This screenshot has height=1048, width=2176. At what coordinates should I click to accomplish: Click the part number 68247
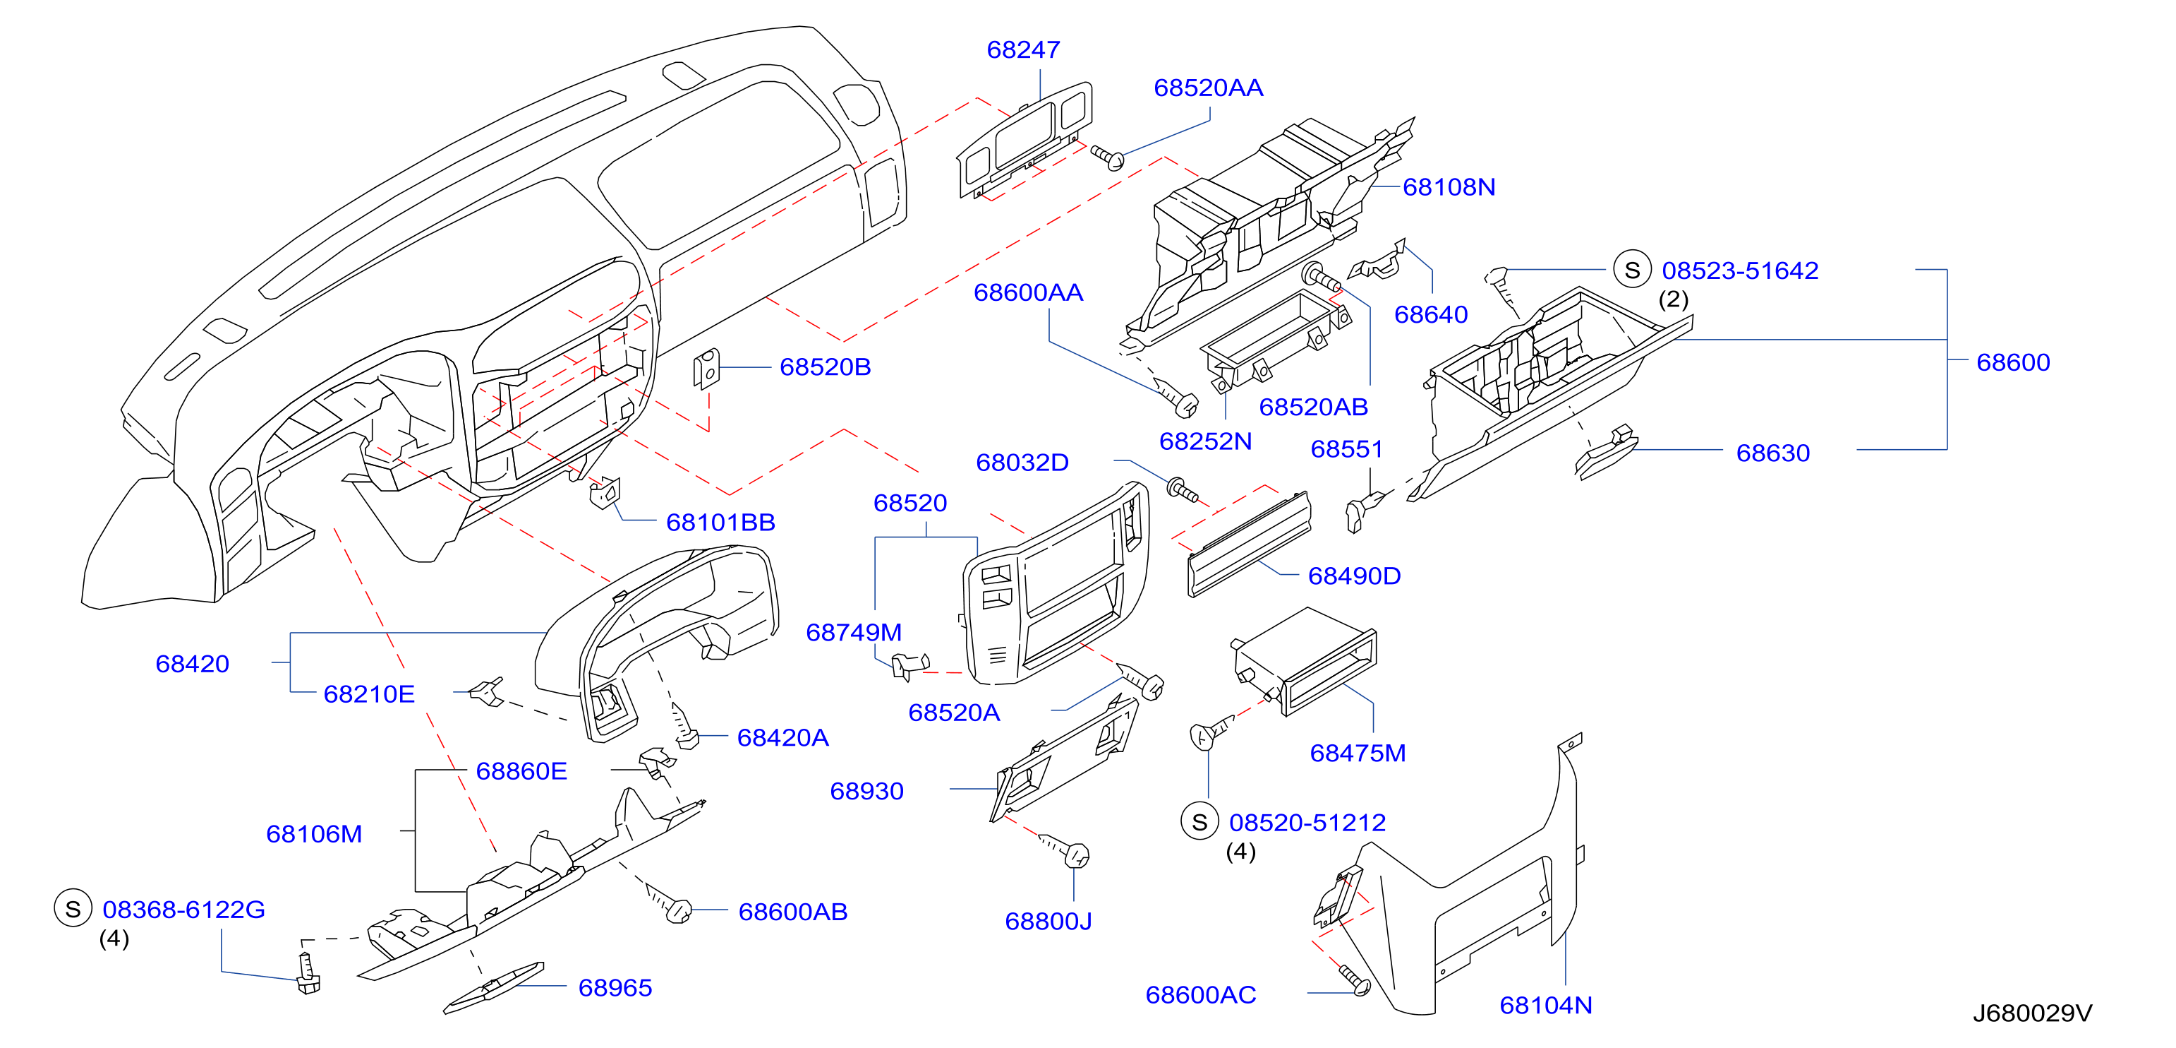click(x=1023, y=50)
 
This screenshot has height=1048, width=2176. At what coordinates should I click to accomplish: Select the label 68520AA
click(x=1208, y=88)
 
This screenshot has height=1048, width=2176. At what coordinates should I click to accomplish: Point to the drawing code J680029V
click(x=2031, y=1013)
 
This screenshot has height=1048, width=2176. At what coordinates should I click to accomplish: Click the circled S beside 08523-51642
click(x=1632, y=270)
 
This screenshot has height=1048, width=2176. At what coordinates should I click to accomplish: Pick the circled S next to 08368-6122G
click(x=73, y=909)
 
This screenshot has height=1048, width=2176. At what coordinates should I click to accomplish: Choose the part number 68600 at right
click(x=2013, y=362)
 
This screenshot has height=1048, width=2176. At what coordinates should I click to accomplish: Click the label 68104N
click(x=1546, y=1005)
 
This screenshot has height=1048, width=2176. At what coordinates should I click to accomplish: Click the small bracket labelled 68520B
click(x=706, y=369)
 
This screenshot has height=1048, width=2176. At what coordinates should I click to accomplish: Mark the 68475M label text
click(x=1358, y=753)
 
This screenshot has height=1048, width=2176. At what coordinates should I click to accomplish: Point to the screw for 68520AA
click(x=1108, y=156)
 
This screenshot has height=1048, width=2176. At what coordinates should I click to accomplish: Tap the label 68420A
click(x=782, y=738)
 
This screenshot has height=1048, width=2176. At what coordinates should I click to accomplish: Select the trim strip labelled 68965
click(x=494, y=987)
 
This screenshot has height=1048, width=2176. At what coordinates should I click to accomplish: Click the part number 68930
click(x=866, y=791)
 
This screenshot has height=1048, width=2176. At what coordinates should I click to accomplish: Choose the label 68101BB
click(x=720, y=523)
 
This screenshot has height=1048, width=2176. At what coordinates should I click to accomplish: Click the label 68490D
click(x=1354, y=576)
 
